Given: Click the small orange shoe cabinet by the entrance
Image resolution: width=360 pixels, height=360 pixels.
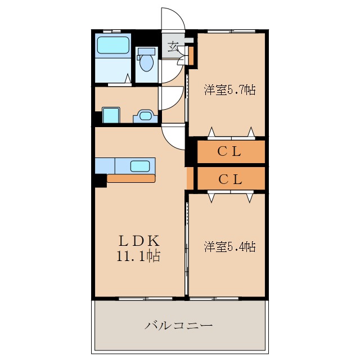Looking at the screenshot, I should coord(191,56).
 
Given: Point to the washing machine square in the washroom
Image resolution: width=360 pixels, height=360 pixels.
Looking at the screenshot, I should coord(111,115).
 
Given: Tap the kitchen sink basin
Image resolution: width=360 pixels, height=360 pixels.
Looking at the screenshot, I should coord(141,166).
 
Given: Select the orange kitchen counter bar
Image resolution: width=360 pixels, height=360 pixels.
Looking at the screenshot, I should coord(130,178).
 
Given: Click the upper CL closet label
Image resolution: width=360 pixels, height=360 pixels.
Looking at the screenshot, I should coord(229,151).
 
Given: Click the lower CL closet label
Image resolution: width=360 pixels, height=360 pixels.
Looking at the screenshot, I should coord(229,179).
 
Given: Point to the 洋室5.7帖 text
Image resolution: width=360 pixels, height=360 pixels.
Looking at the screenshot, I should coord(229,89).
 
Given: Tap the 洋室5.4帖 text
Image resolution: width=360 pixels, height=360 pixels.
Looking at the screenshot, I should coord(229,246).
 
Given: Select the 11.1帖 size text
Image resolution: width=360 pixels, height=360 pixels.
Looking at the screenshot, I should coord(139,257).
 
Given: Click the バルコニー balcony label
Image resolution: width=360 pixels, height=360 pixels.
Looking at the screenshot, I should coord(178,325).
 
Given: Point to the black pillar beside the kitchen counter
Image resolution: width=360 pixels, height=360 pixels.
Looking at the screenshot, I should coord(100,181).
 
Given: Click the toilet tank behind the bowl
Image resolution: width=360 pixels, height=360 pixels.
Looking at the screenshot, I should coord(146,51).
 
